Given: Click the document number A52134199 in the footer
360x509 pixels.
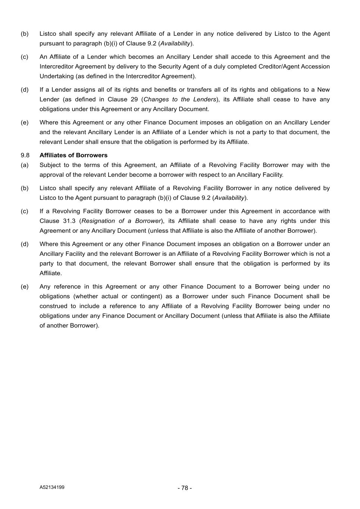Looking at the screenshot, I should pyautogui.click(x=52, y=487).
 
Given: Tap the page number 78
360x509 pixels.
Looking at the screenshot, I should pyautogui.click(x=185, y=488).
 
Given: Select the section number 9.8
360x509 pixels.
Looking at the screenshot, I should pyautogui.click(x=25, y=155).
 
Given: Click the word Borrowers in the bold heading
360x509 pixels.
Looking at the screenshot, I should pyautogui.click(x=92, y=155).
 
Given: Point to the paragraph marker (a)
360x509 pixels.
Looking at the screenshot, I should pyautogui.click(x=25, y=165).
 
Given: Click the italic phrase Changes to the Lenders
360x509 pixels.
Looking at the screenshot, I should pyautogui.click(x=180, y=99).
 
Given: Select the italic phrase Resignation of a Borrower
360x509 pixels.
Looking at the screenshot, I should pyautogui.click(x=121, y=221).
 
